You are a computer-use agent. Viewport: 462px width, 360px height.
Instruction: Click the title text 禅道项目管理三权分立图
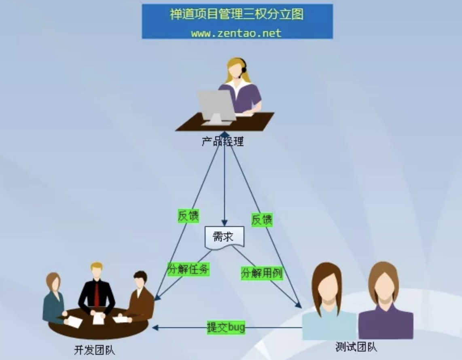pos(237,15)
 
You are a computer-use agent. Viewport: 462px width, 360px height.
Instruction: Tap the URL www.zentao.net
pos(236,33)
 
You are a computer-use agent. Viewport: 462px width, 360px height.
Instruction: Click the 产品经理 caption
pos(223,142)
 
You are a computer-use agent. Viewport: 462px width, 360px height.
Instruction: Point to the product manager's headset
pos(244,69)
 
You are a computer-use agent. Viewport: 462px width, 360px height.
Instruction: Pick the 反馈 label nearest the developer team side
pos(189,216)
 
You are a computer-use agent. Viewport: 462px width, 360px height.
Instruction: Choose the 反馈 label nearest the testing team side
pos(262,220)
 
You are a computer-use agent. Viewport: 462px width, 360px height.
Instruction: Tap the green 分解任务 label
pos(188,269)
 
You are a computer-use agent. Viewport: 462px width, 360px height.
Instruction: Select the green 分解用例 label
pos(261,273)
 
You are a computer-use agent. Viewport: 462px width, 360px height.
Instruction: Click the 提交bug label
pos(226,327)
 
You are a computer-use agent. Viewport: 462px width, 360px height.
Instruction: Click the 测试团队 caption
pos(356,347)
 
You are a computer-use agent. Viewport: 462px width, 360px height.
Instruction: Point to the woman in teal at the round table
pos(53,299)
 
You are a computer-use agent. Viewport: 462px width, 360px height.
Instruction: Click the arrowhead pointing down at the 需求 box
pos(224,223)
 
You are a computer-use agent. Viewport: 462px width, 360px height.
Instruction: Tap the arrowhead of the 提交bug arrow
pos(155,327)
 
